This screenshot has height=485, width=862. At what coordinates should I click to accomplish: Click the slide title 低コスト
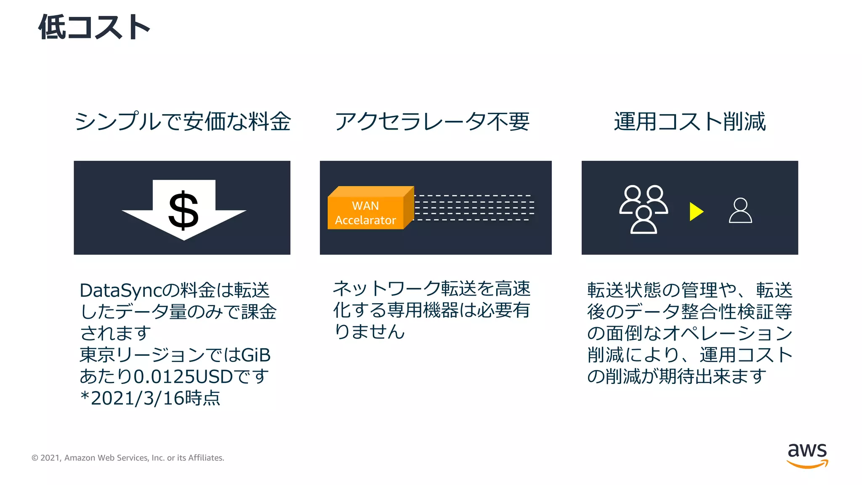tap(94, 27)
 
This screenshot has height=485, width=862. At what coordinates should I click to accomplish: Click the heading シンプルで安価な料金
tap(182, 122)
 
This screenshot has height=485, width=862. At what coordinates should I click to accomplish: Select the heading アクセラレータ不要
tap(432, 122)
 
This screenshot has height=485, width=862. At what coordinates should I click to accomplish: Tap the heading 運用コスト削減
tap(689, 122)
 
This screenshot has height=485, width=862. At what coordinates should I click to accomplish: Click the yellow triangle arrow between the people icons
tap(696, 211)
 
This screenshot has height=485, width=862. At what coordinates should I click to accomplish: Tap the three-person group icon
tap(643, 209)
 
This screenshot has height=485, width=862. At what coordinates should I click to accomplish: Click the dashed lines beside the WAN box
tap(474, 208)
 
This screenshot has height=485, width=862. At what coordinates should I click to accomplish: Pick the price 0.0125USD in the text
tap(183, 376)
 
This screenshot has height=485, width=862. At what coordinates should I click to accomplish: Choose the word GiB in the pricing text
tap(256, 355)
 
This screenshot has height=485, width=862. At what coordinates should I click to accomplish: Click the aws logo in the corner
tap(807, 455)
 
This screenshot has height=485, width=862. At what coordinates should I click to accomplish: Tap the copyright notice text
tap(128, 458)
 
